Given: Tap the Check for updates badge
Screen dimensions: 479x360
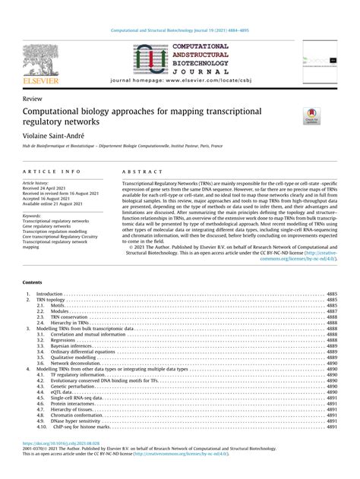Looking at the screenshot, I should click(x=312, y=116).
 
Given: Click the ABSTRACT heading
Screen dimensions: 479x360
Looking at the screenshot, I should click(x=137, y=172).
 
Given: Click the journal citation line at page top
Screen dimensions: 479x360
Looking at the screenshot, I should click(x=180, y=31).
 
